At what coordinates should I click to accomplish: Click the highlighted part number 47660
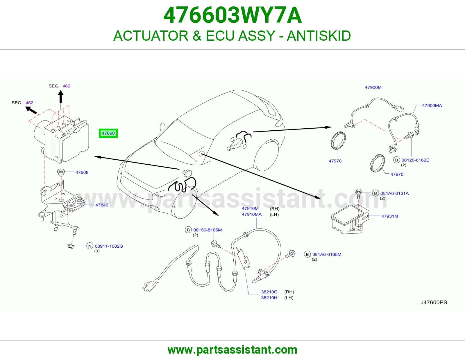pos(108,133)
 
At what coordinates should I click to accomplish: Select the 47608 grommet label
pos(82,172)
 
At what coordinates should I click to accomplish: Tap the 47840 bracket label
pos(102,205)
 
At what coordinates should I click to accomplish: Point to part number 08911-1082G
pos(109,246)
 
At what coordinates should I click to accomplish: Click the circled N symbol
pos(90,246)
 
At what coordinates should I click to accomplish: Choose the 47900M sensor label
pos(373,87)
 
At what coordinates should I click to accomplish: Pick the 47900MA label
pos(432,105)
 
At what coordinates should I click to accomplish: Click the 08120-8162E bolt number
pos(415,160)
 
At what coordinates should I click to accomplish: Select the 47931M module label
pos(390,216)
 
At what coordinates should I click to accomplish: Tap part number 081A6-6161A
pos(394,193)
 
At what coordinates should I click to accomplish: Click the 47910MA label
pos(252,214)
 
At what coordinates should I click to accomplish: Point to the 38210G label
pos(269,292)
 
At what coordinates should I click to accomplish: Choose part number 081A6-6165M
pos(327,254)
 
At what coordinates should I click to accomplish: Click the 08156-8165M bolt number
pos(208,230)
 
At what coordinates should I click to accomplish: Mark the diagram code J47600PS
pos(434,303)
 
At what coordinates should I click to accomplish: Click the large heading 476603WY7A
pos(233,15)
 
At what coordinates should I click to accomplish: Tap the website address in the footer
pos(233,350)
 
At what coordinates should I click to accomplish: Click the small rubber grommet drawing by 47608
pos(61,172)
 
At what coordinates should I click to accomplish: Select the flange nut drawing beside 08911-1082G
pos(70,246)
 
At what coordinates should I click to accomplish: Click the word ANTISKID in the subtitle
pos(319,36)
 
